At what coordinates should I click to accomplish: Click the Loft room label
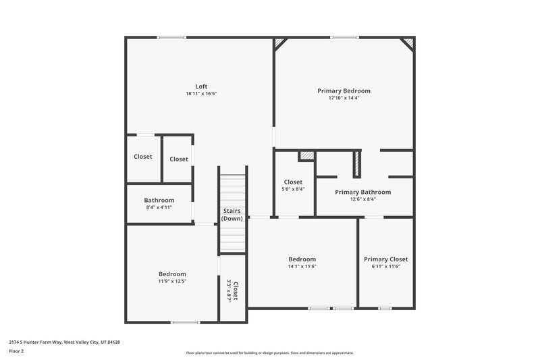201,86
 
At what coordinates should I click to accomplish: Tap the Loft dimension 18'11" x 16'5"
201,94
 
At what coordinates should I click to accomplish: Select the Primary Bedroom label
344,91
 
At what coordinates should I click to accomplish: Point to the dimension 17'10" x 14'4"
344,99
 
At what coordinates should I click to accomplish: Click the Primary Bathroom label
362,192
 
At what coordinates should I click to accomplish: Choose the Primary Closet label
385,259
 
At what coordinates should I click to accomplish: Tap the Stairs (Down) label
232,215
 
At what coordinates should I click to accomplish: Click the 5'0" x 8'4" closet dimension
293,190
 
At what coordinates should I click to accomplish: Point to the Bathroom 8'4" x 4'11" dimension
159,208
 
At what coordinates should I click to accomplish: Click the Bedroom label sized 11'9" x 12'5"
172,274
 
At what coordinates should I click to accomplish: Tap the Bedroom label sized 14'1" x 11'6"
302,259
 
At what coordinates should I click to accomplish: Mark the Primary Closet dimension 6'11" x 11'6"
385,267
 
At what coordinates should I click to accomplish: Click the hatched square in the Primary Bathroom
308,156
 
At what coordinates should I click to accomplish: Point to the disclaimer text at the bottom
269,353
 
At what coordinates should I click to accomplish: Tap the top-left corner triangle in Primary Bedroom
279,43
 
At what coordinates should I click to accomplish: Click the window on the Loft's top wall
167,37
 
